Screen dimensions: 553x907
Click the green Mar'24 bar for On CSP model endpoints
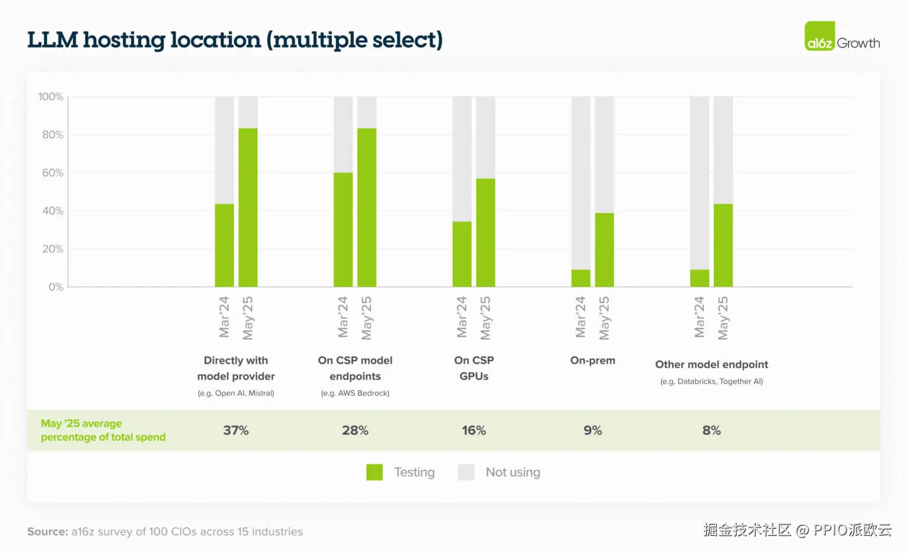[343, 230]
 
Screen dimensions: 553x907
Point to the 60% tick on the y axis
[53, 173]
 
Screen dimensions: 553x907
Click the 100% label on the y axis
[51, 97]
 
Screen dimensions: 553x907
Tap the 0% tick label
[56, 287]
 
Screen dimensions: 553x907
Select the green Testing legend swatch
[374, 472]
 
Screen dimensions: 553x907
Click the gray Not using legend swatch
[466, 472]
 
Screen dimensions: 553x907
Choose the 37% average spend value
[236, 430]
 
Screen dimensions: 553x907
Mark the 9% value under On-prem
[592, 430]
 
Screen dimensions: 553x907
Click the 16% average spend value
[474, 430]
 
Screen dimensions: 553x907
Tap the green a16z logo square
[820, 36]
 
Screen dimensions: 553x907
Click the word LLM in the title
[53, 40]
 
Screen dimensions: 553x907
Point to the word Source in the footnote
[47, 531]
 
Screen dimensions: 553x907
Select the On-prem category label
[592, 360]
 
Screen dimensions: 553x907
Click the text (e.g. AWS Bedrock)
[355, 393]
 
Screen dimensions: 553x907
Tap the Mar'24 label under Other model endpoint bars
[700, 317]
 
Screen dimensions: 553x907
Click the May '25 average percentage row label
[103, 430]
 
